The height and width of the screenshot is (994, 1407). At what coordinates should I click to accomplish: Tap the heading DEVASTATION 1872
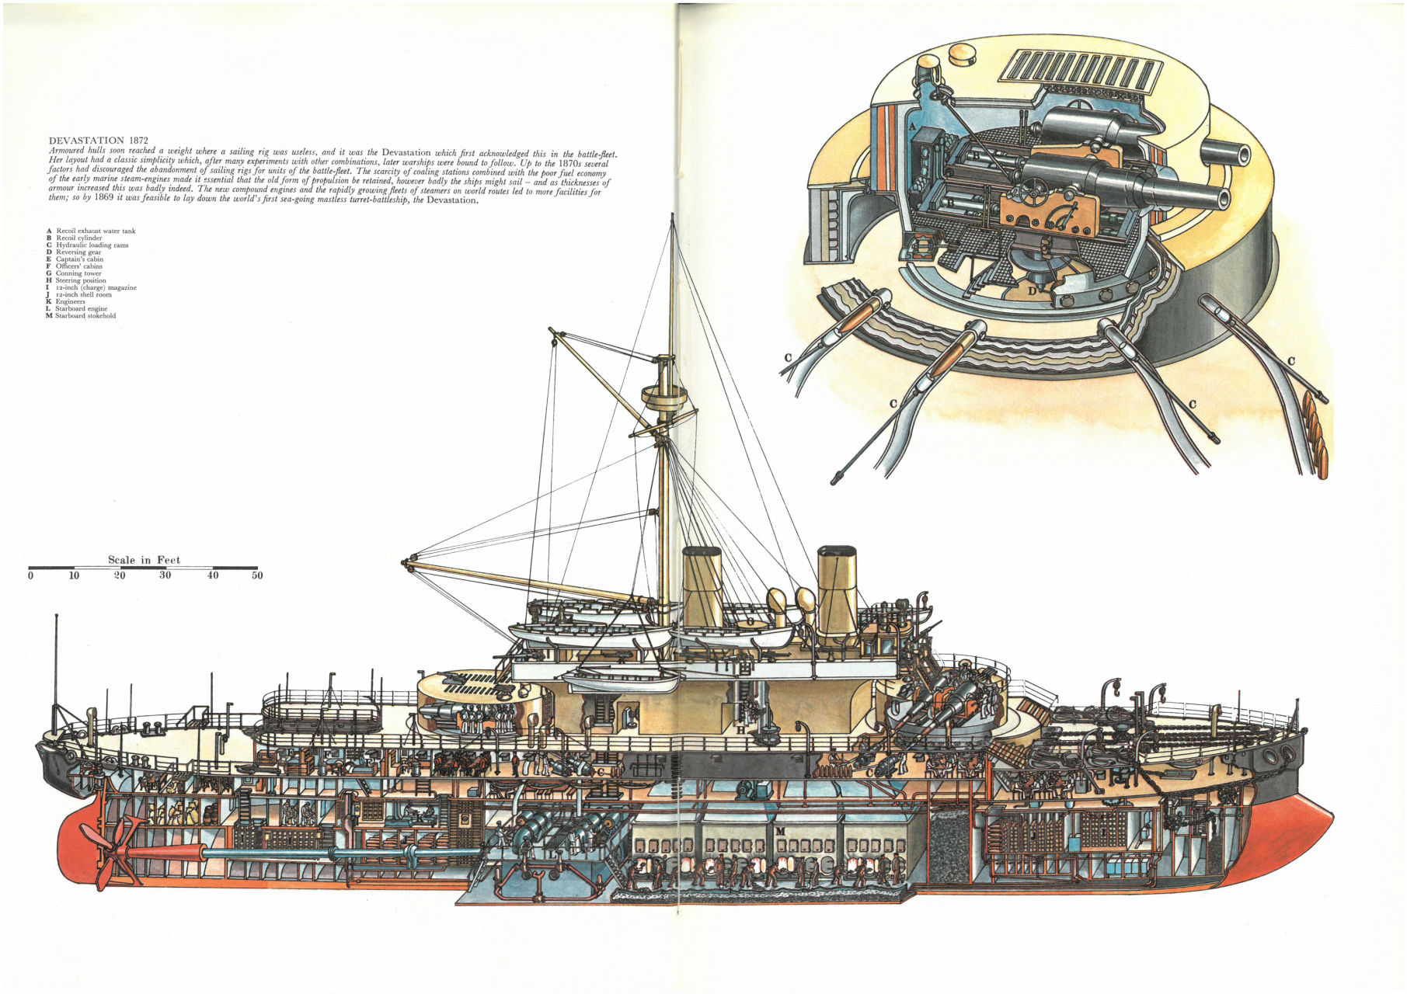click(98, 141)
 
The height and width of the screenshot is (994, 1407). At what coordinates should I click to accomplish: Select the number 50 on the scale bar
click(257, 575)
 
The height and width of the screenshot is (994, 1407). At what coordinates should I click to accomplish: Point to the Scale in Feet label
click(144, 560)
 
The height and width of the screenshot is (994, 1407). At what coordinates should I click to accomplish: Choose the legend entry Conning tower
click(78, 273)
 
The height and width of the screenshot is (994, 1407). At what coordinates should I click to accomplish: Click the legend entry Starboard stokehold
click(85, 316)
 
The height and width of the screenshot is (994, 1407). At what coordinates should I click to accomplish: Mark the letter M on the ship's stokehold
click(780, 832)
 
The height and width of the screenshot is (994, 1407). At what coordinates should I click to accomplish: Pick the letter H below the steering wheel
click(740, 730)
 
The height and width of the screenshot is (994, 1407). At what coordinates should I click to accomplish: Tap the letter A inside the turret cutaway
click(912, 125)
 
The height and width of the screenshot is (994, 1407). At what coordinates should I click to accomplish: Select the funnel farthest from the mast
click(837, 590)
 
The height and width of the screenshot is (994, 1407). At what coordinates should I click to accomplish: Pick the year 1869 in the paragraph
click(105, 199)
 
